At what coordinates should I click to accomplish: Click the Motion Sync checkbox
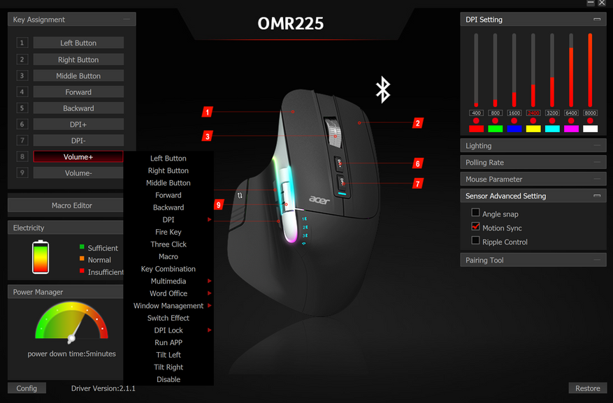point(476,227)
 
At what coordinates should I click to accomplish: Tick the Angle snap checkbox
point(476,213)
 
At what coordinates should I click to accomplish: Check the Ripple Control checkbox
point(476,241)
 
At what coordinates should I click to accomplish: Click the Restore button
point(587,388)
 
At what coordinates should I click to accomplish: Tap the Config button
point(27,388)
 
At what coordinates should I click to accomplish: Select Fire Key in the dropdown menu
point(168,232)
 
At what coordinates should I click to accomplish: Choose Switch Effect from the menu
point(168,318)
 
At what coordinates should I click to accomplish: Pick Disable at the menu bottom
point(168,379)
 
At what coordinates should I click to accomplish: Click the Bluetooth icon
point(382,89)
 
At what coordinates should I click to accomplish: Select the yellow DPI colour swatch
point(533,129)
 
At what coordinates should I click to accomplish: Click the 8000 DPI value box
point(590,113)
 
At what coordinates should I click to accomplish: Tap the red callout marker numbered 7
point(418,184)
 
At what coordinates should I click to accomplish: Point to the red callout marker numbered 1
point(208,112)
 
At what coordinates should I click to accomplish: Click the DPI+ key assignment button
point(78,124)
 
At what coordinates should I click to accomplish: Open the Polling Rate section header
point(533,162)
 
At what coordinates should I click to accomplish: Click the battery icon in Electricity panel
point(41,258)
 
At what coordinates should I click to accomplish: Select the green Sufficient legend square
point(82,247)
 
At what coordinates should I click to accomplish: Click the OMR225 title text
point(291,24)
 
